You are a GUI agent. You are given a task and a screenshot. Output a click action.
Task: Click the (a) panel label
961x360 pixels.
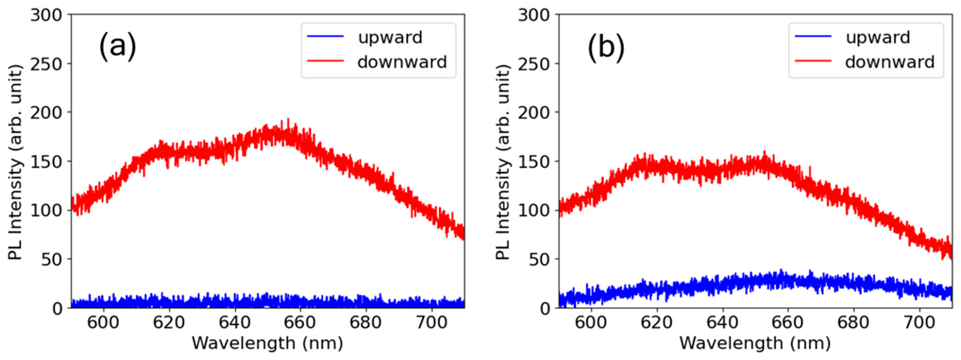pyautogui.click(x=118, y=47)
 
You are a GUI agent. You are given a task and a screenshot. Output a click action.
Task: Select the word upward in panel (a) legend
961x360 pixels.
pyautogui.click(x=390, y=37)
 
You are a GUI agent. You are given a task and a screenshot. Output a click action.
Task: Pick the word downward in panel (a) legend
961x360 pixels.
pyautogui.click(x=402, y=62)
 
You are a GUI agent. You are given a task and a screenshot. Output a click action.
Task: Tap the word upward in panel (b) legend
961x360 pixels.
pyautogui.click(x=878, y=37)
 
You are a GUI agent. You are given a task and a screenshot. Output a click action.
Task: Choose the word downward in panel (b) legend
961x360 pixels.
pyautogui.click(x=889, y=62)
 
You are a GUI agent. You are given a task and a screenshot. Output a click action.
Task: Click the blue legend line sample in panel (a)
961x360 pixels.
pyautogui.click(x=325, y=36)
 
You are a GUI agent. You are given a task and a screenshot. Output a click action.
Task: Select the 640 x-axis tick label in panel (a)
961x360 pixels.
pyautogui.click(x=234, y=322)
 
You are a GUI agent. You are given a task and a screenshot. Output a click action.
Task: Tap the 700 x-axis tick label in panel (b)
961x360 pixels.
pyautogui.click(x=919, y=322)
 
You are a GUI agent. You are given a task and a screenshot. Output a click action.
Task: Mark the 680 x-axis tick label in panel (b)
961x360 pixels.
pyautogui.click(x=853, y=322)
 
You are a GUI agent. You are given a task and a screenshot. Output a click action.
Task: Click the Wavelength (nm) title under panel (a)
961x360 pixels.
pyautogui.click(x=267, y=343)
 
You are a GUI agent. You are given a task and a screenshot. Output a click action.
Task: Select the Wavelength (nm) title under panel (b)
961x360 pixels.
pyautogui.click(x=755, y=343)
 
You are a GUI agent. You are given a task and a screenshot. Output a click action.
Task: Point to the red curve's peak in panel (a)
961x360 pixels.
pyautogui.click(x=288, y=120)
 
